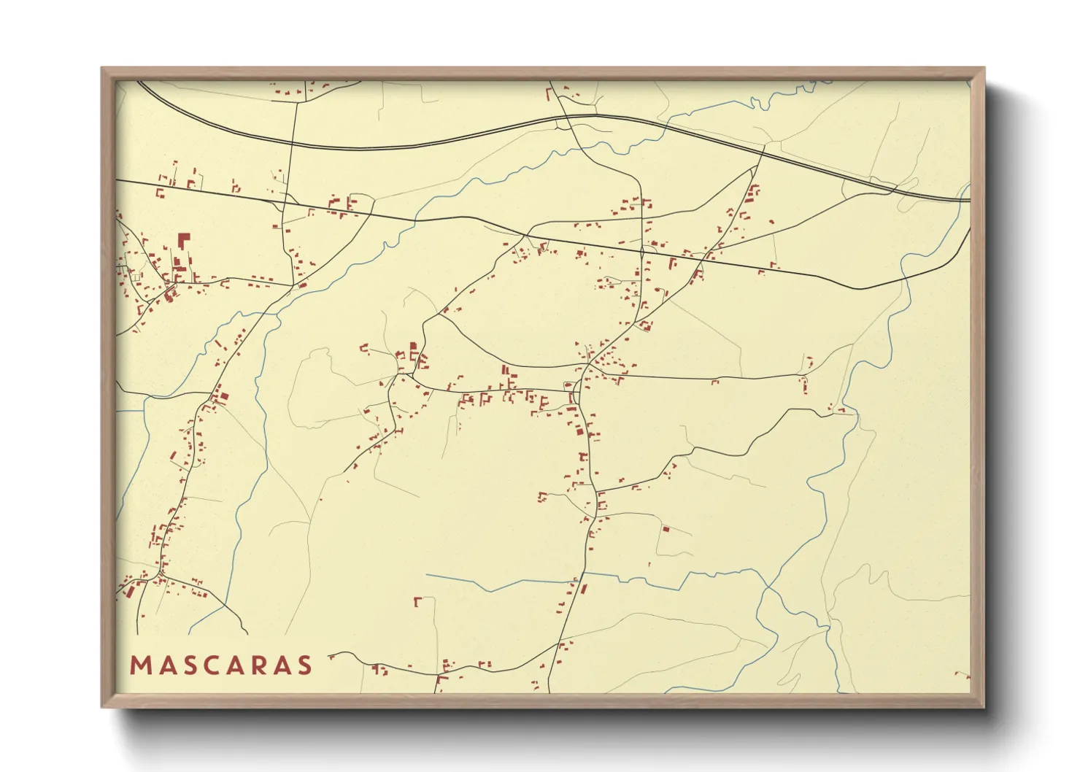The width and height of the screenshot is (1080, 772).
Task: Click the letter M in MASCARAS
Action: (139, 665)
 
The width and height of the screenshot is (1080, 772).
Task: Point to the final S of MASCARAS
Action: (304, 665)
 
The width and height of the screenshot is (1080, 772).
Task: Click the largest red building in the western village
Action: (183, 240)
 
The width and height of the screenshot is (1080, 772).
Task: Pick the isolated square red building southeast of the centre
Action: (665, 528)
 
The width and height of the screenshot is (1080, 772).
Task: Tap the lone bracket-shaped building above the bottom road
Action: (417, 602)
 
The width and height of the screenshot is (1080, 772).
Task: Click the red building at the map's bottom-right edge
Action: (963, 676)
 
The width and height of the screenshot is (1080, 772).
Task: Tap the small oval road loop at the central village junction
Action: (568, 385)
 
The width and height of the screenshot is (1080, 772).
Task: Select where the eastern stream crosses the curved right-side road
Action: (903, 276)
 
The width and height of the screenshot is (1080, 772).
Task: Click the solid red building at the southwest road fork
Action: (129, 592)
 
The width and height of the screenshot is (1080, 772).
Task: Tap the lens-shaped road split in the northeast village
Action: (642, 252)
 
